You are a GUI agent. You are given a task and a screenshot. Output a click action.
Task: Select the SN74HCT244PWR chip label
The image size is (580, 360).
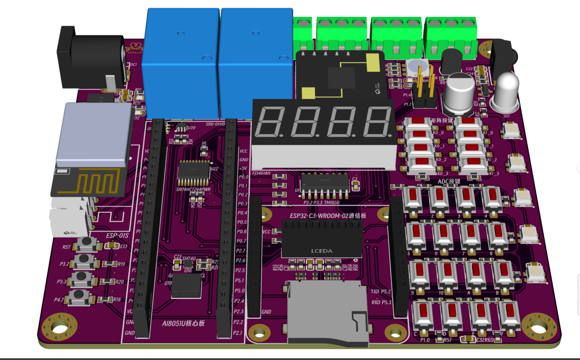click(x=193, y=189)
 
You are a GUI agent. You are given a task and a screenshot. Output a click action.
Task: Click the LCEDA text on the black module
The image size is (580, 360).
click(x=322, y=251)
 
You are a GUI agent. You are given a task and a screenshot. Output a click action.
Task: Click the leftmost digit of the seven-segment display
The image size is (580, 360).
click(x=270, y=122)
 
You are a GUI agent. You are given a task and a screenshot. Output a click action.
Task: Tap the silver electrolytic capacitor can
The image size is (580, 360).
click(x=459, y=94)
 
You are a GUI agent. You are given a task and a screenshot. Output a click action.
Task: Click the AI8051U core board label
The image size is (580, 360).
click(x=183, y=323)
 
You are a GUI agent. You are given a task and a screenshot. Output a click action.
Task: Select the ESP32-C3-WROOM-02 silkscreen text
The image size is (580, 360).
click(x=328, y=216)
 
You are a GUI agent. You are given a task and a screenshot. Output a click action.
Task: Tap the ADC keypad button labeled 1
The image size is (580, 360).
click(x=413, y=199)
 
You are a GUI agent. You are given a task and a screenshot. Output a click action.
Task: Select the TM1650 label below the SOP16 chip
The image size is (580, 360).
click(x=332, y=203)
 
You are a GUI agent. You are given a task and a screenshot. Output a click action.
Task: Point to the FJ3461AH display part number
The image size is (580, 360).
click(x=261, y=173)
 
